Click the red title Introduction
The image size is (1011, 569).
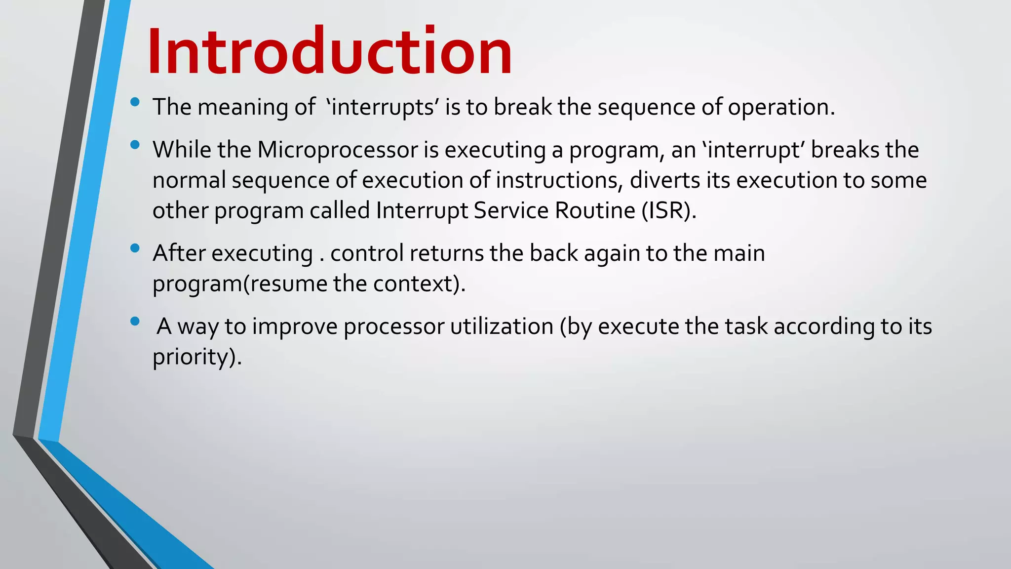[x=329, y=51]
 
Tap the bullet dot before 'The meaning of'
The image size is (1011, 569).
[x=135, y=102]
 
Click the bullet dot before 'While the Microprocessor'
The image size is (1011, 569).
[x=135, y=145]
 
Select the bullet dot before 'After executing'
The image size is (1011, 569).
[x=135, y=248]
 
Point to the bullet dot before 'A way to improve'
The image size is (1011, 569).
[x=135, y=322]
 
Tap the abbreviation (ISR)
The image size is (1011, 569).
[x=669, y=211]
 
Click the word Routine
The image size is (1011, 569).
[x=595, y=211]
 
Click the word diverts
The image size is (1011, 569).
[x=664, y=180]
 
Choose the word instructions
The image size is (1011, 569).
[x=556, y=180]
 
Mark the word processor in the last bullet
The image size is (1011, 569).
[x=394, y=327]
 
